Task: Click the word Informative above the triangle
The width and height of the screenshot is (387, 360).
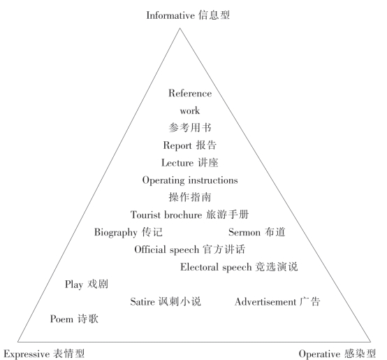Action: (x=170, y=15)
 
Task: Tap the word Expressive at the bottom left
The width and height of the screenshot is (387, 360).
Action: (x=27, y=354)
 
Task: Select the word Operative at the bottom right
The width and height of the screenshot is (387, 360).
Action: (x=319, y=354)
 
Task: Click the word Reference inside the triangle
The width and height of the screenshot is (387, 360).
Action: (x=190, y=94)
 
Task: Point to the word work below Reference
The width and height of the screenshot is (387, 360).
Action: (x=190, y=110)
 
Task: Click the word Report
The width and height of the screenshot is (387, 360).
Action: (x=177, y=145)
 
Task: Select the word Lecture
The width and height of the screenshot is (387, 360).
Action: (x=177, y=163)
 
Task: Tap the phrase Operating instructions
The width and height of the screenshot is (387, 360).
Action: (x=190, y=180)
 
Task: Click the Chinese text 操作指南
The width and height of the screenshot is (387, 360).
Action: (x=190, y=197)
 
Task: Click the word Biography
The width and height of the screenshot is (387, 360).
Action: (x=116, y=232)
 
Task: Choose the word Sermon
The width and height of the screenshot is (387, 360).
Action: (x=244, y=232)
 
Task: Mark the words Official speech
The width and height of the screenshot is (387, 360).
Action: (x=166, y=250)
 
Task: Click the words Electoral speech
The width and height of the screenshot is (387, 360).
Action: (x=216, y=267)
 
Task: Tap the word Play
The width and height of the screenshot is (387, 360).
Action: (x=74, y=285)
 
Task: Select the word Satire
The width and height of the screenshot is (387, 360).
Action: (x=143, y=301)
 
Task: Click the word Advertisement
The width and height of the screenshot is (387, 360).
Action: (x=265, y=302)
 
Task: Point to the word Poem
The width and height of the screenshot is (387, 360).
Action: (x=61, y=319)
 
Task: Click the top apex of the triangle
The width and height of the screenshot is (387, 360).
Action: (x=180, y=28)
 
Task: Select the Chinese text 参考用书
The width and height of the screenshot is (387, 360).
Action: (x=190, y=128)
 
